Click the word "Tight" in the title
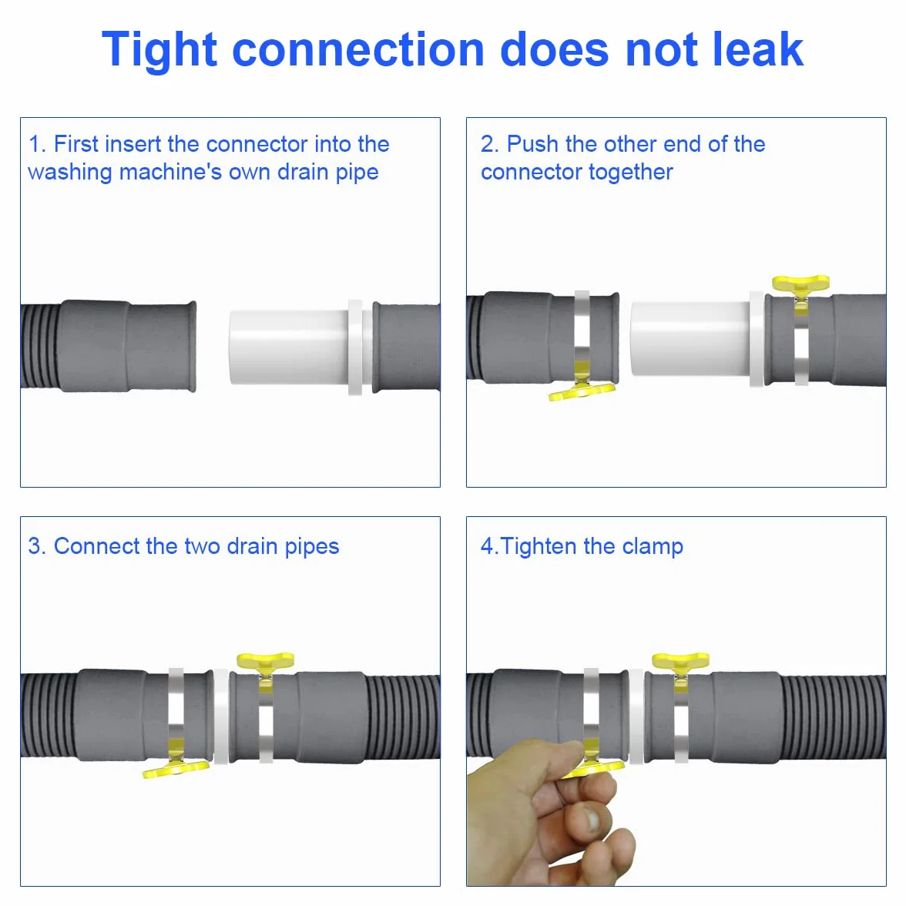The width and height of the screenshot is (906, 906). [x=159, y=51]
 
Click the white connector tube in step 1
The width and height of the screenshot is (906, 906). [x=289, y=347]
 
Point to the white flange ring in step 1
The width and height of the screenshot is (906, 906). [x=355, y=347]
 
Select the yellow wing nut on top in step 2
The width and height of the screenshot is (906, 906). [x=801, y=284]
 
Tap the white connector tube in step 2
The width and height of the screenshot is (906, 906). [x=690, y=338]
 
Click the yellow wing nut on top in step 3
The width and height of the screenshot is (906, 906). [x=265, y=661]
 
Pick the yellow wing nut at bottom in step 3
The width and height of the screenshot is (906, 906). [x=176, y=769]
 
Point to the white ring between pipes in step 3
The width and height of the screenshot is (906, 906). [x=221, y=716]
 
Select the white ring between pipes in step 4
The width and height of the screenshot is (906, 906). [x=636, y=716]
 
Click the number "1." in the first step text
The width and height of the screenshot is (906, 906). [x=37, y=144]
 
